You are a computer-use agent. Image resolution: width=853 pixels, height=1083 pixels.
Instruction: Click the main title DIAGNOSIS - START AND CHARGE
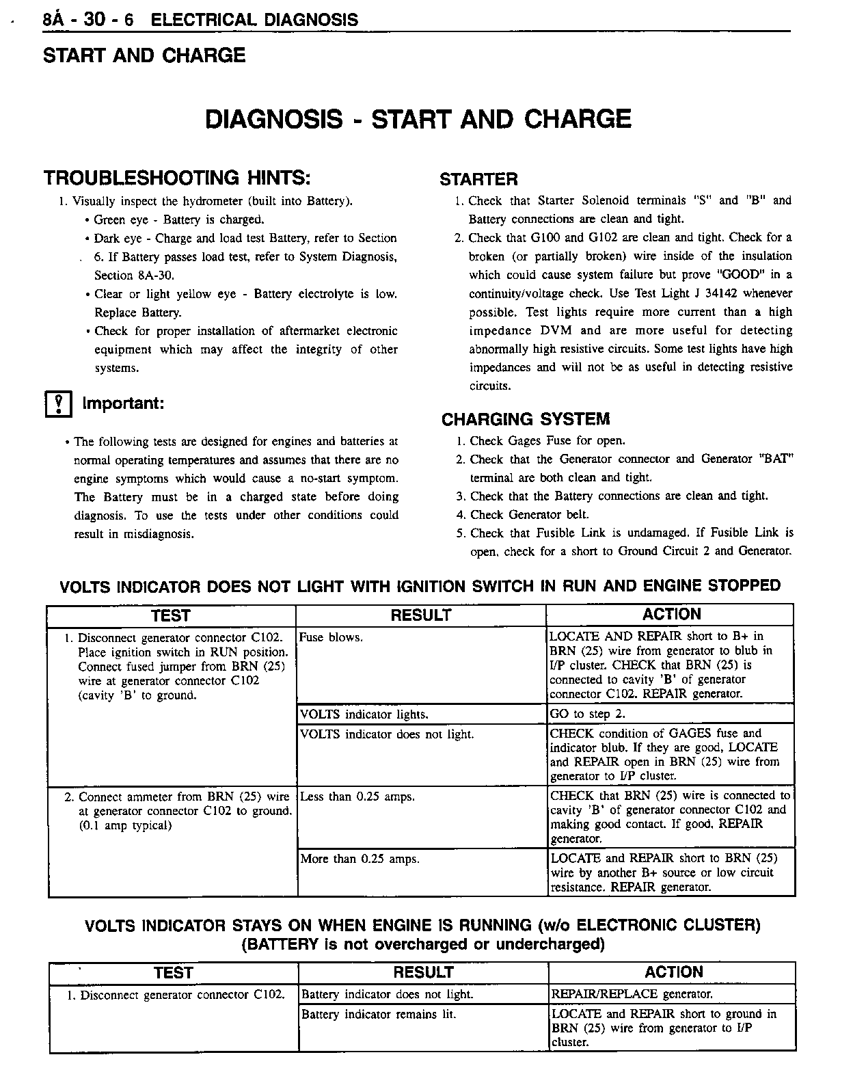pos(418,119)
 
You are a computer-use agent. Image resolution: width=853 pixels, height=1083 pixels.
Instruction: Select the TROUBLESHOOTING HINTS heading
pos(177,178)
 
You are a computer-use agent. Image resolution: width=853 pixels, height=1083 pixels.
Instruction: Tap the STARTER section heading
pos(478,180)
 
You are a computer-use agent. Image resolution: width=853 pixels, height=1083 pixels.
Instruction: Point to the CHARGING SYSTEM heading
pos(525,419)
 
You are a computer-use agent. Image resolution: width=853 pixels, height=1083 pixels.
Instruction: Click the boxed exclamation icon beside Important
pos(58,405)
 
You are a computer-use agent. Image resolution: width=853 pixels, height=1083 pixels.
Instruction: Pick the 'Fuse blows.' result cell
pos(331,638)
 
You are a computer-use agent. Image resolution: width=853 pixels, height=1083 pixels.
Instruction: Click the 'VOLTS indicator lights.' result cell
pos(364,714)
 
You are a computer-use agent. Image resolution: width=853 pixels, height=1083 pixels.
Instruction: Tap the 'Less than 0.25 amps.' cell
pos(357,797)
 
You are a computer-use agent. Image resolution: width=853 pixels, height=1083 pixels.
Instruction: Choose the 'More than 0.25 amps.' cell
pos(360,859)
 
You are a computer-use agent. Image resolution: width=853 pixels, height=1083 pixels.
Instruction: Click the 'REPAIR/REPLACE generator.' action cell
pos(632,994)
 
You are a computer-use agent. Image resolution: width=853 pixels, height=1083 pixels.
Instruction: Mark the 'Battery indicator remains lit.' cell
pos(379,1015)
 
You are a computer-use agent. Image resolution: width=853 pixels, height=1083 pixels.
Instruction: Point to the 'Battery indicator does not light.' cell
pos(387,995)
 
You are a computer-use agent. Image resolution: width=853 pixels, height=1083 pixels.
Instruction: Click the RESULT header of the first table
pos(420,615)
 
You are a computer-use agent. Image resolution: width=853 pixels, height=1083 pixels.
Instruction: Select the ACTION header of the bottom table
pos(673,972)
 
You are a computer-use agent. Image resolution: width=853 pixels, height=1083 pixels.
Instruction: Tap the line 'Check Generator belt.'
pos(529,515)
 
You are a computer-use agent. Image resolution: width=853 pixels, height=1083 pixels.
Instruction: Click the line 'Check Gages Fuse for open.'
pos(547,441)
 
